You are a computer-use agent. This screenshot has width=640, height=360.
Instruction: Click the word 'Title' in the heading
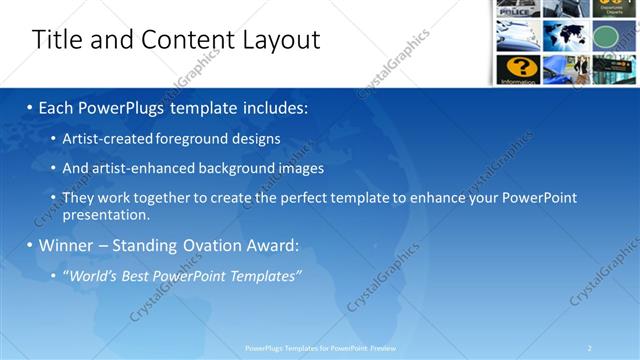tap(56, 39)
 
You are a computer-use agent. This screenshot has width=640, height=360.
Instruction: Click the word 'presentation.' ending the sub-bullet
tap(106, 214)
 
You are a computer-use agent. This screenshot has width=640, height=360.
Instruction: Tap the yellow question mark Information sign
tap(519, 68)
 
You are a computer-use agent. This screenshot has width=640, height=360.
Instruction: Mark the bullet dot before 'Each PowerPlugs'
tap(30, 107)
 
